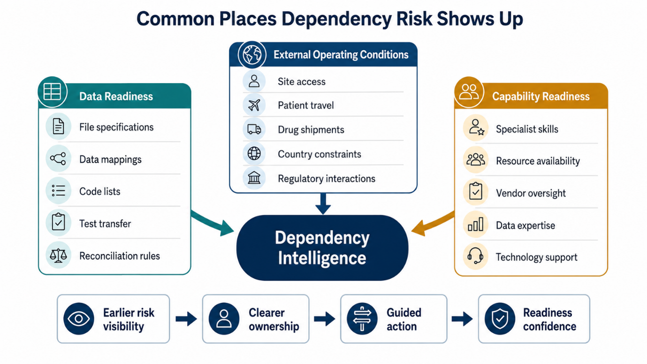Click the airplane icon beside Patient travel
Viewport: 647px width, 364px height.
[x=254, y=105]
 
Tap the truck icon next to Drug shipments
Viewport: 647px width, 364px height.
[x=254, y=129]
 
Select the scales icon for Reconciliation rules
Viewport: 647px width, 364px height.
[x=58, y=256]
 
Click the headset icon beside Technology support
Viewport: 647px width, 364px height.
[x=475, y=256]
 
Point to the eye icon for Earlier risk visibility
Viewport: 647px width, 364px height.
[x=78, y=318]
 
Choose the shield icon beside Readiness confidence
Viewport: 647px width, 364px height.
[x=500, y=318]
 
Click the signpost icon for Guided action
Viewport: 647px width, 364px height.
[x=362, y=318]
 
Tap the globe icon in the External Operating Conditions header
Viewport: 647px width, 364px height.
[x=252, y=54]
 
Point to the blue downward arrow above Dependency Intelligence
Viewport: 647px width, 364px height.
[x=323, y=204]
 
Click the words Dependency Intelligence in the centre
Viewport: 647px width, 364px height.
[x=322, y=248]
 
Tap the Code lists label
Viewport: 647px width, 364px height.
[x=99, y=191]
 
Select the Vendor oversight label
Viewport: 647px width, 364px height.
[x=531, y=193]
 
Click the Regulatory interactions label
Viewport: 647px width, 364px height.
[x=327, y=179]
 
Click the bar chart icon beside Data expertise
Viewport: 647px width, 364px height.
[x=475, y=224]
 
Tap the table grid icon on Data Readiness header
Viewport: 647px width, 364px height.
[x=52, y=92]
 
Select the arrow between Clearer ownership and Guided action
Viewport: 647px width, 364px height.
[x=324, y=318]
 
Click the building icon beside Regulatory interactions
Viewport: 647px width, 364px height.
[x=254, y=177]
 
